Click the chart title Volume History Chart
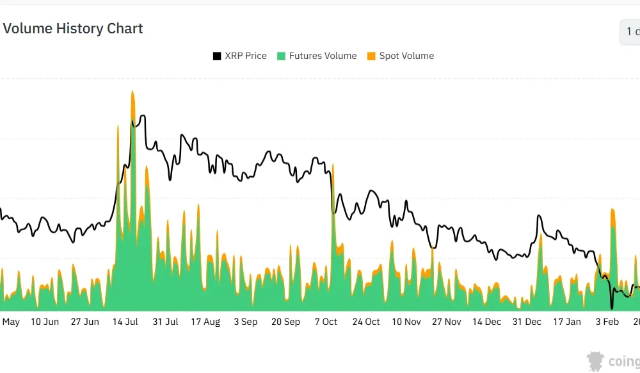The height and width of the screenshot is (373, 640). click(x=73, y=29)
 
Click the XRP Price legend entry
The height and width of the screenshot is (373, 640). click(x=246, y=56)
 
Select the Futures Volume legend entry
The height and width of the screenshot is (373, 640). click(x=323, y=56)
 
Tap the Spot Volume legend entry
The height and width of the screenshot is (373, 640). click(x=406, y=56)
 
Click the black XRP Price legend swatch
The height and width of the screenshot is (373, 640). click(x=217, y=56)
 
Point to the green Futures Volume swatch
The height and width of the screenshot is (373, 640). click(x=281, y=56)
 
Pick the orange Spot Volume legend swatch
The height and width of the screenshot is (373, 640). click(x=371, y=56)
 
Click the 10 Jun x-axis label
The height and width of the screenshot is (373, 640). click(x=45, y=322)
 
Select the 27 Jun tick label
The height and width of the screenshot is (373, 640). click(x=84, y=322)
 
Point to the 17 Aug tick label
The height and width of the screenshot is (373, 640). click(x=205, y=322)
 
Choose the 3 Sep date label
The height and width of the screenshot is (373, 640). click(x=246, y=322)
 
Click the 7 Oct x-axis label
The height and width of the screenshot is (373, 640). click(x=326, y=322)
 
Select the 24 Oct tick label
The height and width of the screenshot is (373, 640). click(x=366, y=322)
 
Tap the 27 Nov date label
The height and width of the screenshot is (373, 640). click(x=445, y=322)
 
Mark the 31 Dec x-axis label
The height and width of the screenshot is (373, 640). click(x=527, y=322)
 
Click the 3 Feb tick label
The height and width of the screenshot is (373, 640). click(x=607, y=322)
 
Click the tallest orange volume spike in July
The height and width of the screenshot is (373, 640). click(x=132, y=96)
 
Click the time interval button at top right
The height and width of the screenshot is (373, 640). click(x=631, y=32)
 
